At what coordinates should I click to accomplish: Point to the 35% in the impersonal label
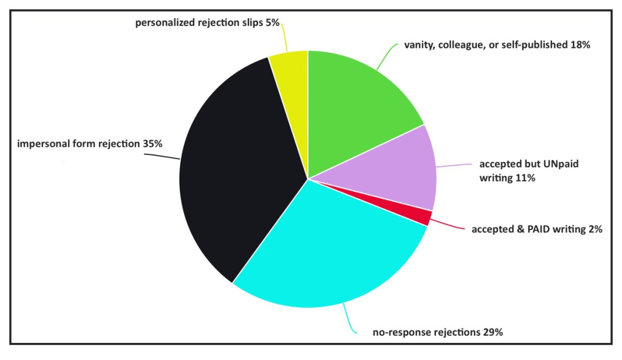(153, 144)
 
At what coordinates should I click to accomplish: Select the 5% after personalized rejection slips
(272, 23)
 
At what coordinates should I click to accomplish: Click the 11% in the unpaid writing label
(524, 178)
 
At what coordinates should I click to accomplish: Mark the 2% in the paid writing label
(595, 229)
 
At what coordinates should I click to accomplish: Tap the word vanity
(420, 45)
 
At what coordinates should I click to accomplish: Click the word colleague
(468, 45)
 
